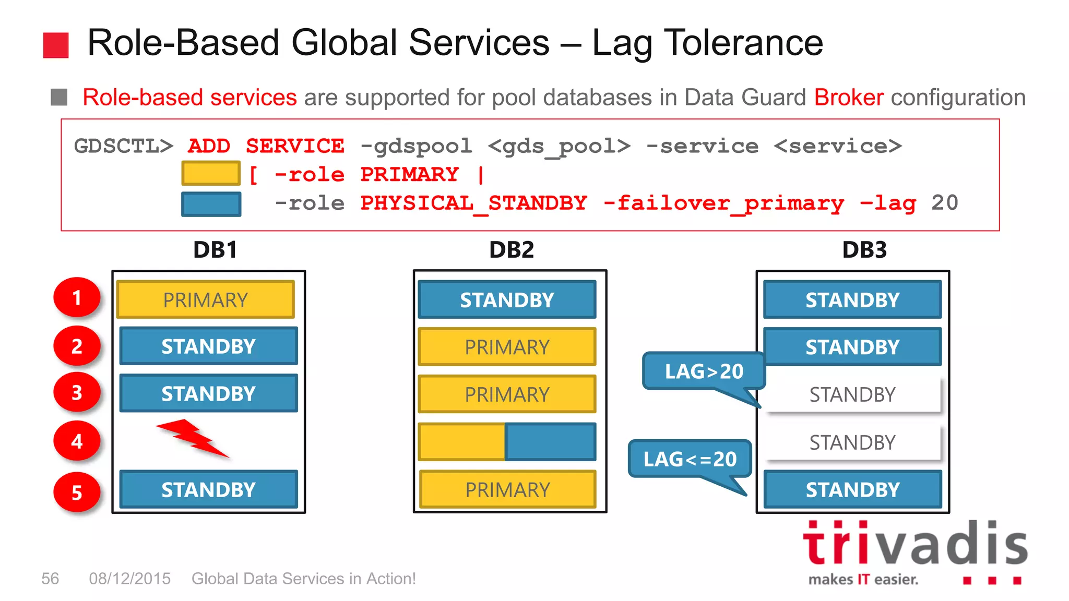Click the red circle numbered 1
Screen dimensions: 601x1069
(77, 297)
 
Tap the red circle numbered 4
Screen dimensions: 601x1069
(77, 441)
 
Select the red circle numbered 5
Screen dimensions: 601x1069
(77, 492)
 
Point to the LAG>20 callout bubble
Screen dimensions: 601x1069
(704, 371)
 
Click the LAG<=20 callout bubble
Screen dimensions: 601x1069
(690, 459)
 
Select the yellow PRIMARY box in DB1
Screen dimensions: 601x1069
(205, 300)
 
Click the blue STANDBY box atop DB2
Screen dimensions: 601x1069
(507, 300)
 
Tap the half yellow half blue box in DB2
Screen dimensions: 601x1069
(507, 442)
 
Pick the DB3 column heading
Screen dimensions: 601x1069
(864, 250)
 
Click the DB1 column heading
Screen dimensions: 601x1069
(215, 250)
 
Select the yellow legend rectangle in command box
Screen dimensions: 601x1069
(211, 174)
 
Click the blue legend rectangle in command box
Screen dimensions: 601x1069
(211, 204)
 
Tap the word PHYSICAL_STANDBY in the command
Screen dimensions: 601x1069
(473, 203)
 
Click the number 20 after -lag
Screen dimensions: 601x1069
(945, 203)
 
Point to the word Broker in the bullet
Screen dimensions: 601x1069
(849, 98)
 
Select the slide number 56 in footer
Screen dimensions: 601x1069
(50, 579)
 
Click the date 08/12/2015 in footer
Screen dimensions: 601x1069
(129, 579)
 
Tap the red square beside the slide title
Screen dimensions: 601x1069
(56, 45)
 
